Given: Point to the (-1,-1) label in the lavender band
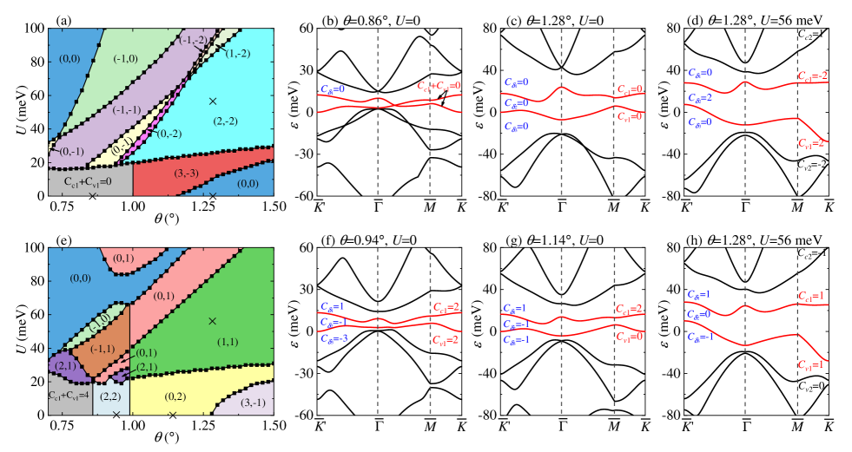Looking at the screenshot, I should [x=127, y=109].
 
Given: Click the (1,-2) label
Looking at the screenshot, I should [x=238, y=54].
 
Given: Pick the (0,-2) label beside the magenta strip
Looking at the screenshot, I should [x=169, y=133].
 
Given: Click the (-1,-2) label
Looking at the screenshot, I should [x=193, y=40].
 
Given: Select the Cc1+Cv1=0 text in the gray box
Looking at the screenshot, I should [x=89, y=182].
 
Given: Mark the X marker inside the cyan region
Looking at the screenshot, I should [x=212, y=102].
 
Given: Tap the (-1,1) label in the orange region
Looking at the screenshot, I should [x=102, y=348].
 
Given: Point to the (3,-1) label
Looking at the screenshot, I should [x=254, y=402].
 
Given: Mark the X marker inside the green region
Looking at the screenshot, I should [x=212, y=321].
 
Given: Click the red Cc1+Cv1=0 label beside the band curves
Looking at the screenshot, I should [x=438, y=86].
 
